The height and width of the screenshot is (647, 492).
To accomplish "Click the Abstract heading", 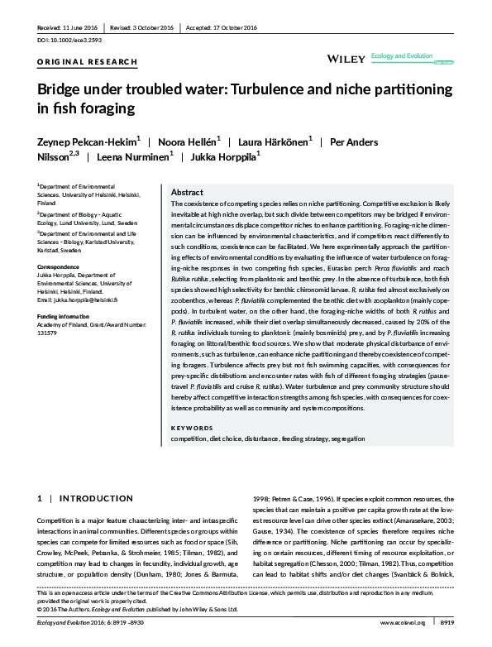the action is [186, 191].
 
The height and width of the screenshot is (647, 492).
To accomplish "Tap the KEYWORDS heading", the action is [191, 428].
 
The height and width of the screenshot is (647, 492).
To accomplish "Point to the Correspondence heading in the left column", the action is [62, 266].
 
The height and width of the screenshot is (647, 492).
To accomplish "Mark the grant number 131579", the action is [48, 333].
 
